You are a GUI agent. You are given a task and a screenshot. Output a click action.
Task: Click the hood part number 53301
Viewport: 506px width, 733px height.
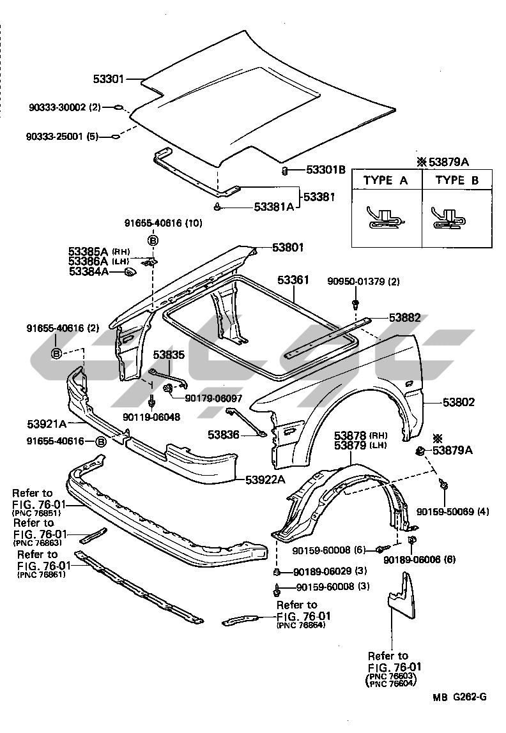point(109,80)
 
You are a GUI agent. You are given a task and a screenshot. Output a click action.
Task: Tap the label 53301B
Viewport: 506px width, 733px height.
point(325,170)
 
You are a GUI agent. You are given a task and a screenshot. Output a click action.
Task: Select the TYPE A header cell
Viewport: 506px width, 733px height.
point(385,180)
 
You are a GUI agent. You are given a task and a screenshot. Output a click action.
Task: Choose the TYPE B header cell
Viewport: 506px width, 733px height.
point(457,180)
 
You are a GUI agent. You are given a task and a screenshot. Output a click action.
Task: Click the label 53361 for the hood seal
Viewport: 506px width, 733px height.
point(293,280)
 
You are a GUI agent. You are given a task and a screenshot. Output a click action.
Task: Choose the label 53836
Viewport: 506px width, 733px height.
point(223,434)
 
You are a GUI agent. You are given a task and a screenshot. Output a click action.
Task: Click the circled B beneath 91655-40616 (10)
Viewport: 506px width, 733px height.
point(153,241)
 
